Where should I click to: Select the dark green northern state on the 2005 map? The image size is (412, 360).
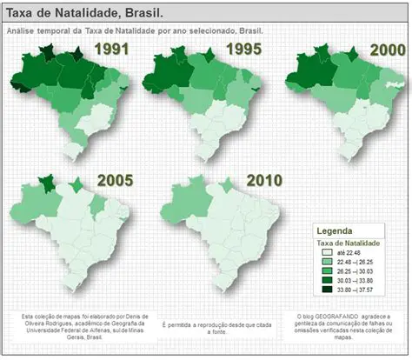click(47, 183)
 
